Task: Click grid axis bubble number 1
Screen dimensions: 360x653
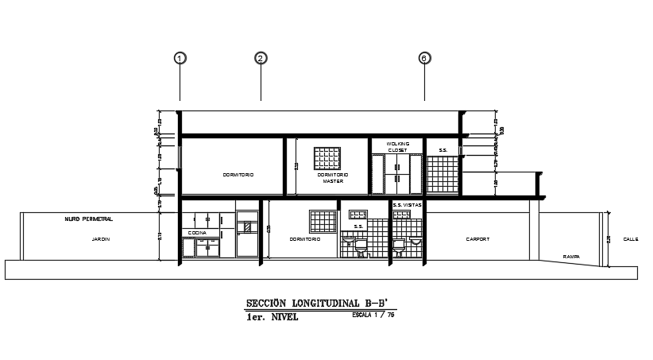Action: pyautogui.click(x=180, y=58)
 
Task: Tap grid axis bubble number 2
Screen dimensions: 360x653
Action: pyautogui.click(x=260, y=58)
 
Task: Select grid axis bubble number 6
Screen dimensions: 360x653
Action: pyautogui.click(x=424, y=58)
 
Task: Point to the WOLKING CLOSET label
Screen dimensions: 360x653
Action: pyautogui.click(x=398, y=147)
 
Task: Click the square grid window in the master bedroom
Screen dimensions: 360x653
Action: pyautogui.click(x=326, y=157)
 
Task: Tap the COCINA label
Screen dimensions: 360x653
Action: pyautogui.click(x=197, y=233)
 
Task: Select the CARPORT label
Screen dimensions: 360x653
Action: pyautogui.click(x=477, y=238)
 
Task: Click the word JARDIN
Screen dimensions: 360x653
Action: pyautogui.click(x=100, y=238)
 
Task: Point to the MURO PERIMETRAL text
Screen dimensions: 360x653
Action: pyautogui.click(x=89, y=218)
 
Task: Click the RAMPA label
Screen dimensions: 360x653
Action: pyautogui.click(x=570, y=257)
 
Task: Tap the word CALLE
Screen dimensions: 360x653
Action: pyautogui.click(x=630, y=238)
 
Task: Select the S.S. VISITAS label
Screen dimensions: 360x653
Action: pyautogui.click(x=408, y=205)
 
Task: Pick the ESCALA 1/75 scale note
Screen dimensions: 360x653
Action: pyautogui.click(x=373, y=315)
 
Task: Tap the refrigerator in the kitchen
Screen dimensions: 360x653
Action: pyautogui.click(x=248, y=234)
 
